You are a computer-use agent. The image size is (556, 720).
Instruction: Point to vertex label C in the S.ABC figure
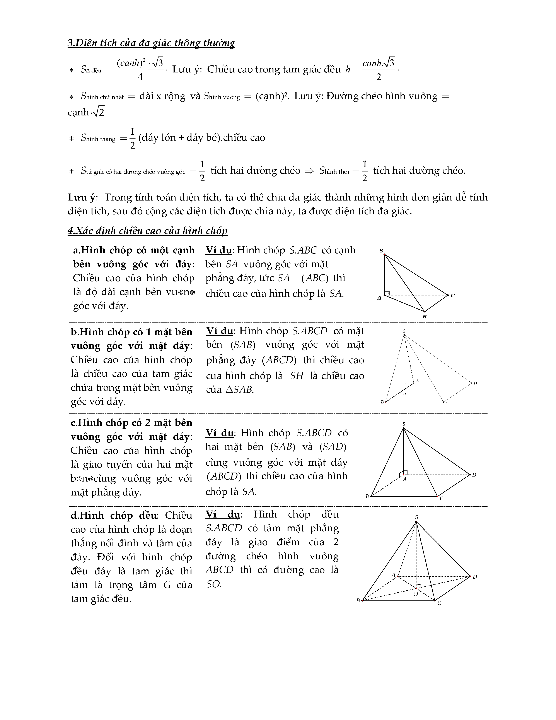tap(453, 295)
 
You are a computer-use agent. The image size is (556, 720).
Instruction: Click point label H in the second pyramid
tap(405, 393)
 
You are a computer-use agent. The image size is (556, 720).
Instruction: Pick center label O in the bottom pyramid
tap(416, 594)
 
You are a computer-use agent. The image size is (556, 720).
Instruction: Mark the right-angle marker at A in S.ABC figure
tap(388, 292)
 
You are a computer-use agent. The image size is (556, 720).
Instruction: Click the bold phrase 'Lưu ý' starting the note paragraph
tap(81, 197)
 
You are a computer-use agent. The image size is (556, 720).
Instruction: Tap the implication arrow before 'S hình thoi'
tap(310, 171)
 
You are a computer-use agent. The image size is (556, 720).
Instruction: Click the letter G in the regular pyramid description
tap(167, 585)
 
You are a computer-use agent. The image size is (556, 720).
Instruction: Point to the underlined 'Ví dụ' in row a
tap(218, 250)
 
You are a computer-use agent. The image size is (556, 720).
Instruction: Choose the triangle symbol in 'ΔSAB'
tap(229, 390)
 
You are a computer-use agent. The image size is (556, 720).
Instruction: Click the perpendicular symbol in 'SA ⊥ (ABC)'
tap(295, 278)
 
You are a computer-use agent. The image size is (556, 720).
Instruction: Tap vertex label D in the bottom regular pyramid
tap(475, 577)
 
